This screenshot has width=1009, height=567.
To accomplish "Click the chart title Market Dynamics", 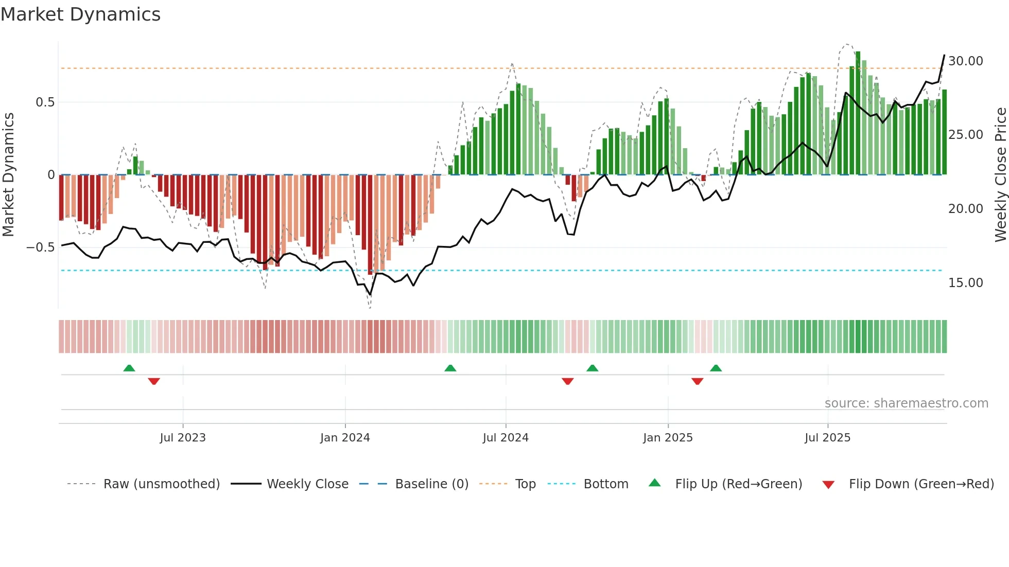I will (x=81, y=14).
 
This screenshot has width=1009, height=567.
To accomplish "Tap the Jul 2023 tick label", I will (x=182, y=438).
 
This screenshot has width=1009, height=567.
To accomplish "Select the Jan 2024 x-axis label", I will (x=345, y=438).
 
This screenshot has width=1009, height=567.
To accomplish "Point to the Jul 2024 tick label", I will (x=506, y=438).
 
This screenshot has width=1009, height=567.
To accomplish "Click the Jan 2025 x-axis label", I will (x=668, y=438).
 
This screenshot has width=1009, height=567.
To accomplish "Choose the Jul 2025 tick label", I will (x=827, y=438).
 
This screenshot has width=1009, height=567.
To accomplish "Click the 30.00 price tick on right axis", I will (x=965, y=61).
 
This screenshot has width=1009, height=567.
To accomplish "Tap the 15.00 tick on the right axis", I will (x=965, y=283).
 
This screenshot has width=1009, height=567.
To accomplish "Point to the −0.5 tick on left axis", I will (x=41, y=247).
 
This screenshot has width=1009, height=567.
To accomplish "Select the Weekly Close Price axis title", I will (x=1000, y=175).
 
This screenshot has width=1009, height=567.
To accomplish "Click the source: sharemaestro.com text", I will (x=906, y=403).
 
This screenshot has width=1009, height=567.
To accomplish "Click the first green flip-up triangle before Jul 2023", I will (x=129, y=368).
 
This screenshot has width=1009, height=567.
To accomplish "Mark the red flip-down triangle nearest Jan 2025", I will (x=697, y=381).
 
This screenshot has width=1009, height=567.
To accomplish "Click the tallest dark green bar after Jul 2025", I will (x=858, y=113).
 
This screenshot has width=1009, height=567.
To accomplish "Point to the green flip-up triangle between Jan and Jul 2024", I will (x=450, y=368).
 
